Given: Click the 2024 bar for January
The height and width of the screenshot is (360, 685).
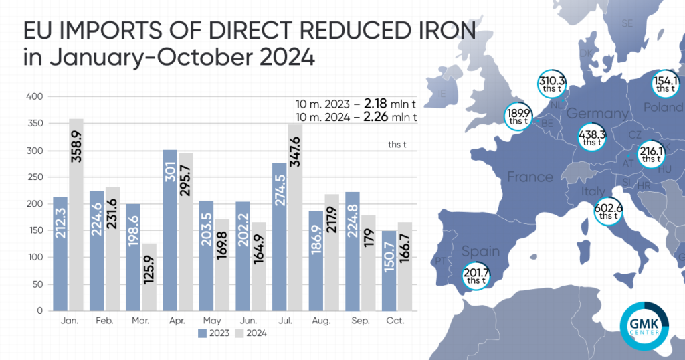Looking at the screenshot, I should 76,214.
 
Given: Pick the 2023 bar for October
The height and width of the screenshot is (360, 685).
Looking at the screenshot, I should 389,270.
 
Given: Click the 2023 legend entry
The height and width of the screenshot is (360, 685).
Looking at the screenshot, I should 213,333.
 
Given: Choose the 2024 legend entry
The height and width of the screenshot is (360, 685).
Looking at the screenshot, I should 252,333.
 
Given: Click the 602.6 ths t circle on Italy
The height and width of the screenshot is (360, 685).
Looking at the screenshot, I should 609,210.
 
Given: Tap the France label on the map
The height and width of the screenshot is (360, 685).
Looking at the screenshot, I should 530,177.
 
